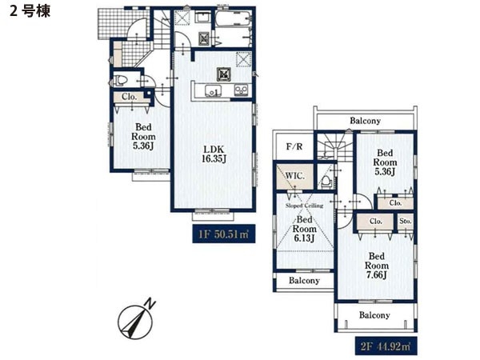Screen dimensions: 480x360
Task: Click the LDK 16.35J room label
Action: click(214, 154)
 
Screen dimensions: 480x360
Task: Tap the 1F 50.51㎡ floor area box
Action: click(224, 234)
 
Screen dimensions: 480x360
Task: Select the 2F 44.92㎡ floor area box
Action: click(386, 346)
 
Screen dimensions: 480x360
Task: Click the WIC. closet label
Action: click(295, 176)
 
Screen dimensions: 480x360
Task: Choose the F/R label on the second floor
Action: click(294, 147)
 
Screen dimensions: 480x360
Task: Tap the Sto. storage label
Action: click(406, 221)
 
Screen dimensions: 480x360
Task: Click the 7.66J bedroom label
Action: click(377, 266)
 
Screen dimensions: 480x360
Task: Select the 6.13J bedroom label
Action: click(304, 229)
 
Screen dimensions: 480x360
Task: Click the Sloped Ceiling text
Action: click(304, 206)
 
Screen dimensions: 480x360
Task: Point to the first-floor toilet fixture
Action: click(120, 81)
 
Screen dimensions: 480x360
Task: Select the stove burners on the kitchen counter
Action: click(241, 90)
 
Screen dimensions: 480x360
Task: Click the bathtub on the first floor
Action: click(234, 20)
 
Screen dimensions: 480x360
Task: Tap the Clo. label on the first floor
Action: click(129, 97)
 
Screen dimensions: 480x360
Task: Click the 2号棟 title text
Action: click(30, 12)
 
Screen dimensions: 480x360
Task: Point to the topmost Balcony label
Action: click(366, 121)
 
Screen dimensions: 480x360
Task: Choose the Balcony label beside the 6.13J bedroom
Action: click(304, 281)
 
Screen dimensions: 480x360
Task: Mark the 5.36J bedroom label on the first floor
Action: click(143, 137)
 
